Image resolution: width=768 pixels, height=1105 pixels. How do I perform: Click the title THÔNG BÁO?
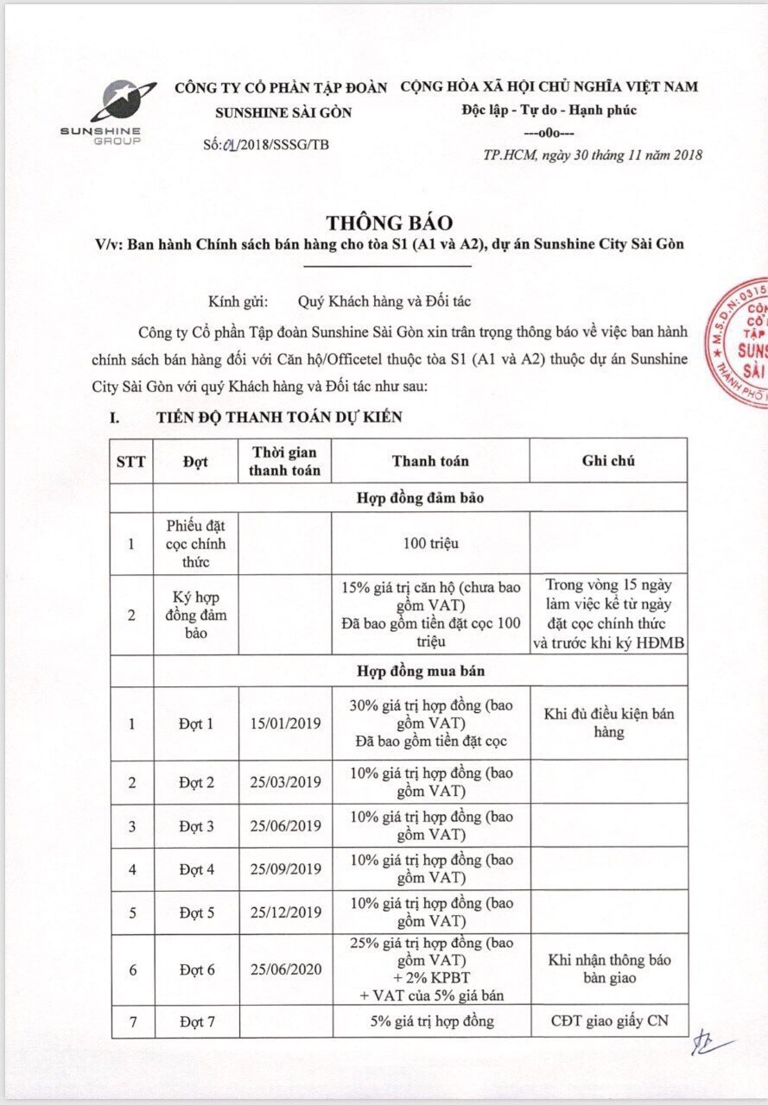click(390, 222)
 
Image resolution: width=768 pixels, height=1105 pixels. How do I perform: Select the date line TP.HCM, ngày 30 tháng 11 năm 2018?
click(593, 155)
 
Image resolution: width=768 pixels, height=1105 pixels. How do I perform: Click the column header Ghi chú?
click(608, 460)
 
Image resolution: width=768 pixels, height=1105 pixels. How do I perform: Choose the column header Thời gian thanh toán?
click(284, 461)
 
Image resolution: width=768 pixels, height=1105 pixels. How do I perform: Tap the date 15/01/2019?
click(284, 723)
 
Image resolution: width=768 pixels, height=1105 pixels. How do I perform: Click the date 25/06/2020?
click(284, 969)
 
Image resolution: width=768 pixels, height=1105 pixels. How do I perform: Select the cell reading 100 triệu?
click(430, 543)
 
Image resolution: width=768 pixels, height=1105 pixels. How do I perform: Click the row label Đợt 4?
click(196, 869)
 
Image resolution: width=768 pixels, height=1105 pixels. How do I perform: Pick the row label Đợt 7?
click(196, 1022)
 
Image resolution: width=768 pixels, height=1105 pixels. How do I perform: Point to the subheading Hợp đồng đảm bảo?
click(419, 497)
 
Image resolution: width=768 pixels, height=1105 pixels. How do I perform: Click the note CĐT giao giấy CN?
click(608, 1022)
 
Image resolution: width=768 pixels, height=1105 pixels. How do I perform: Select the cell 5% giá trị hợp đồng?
click(430, 1022)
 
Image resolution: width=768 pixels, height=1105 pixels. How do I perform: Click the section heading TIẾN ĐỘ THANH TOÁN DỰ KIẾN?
click(278, 417)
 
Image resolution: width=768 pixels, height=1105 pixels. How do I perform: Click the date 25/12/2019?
click(284, 912)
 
